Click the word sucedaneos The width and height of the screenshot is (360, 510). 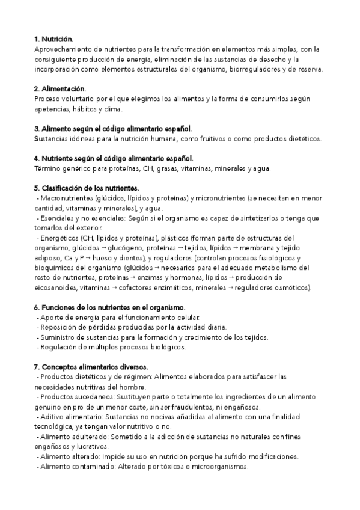92,396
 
